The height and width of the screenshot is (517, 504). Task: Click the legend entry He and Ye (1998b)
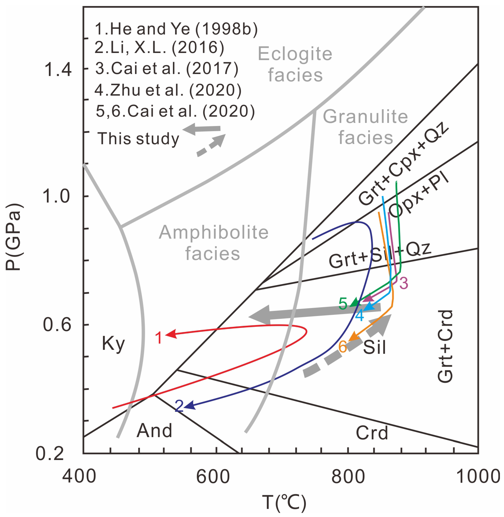(x=176, y=29)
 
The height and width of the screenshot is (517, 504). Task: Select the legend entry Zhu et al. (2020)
(x=168, y=90)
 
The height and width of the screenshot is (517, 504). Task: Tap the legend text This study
(x=138, y=139)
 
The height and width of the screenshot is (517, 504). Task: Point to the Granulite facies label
(x=365, y=127)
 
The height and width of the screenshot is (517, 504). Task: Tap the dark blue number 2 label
(x=179, y=406)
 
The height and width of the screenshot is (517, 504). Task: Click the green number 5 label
(x=343, y=304)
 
